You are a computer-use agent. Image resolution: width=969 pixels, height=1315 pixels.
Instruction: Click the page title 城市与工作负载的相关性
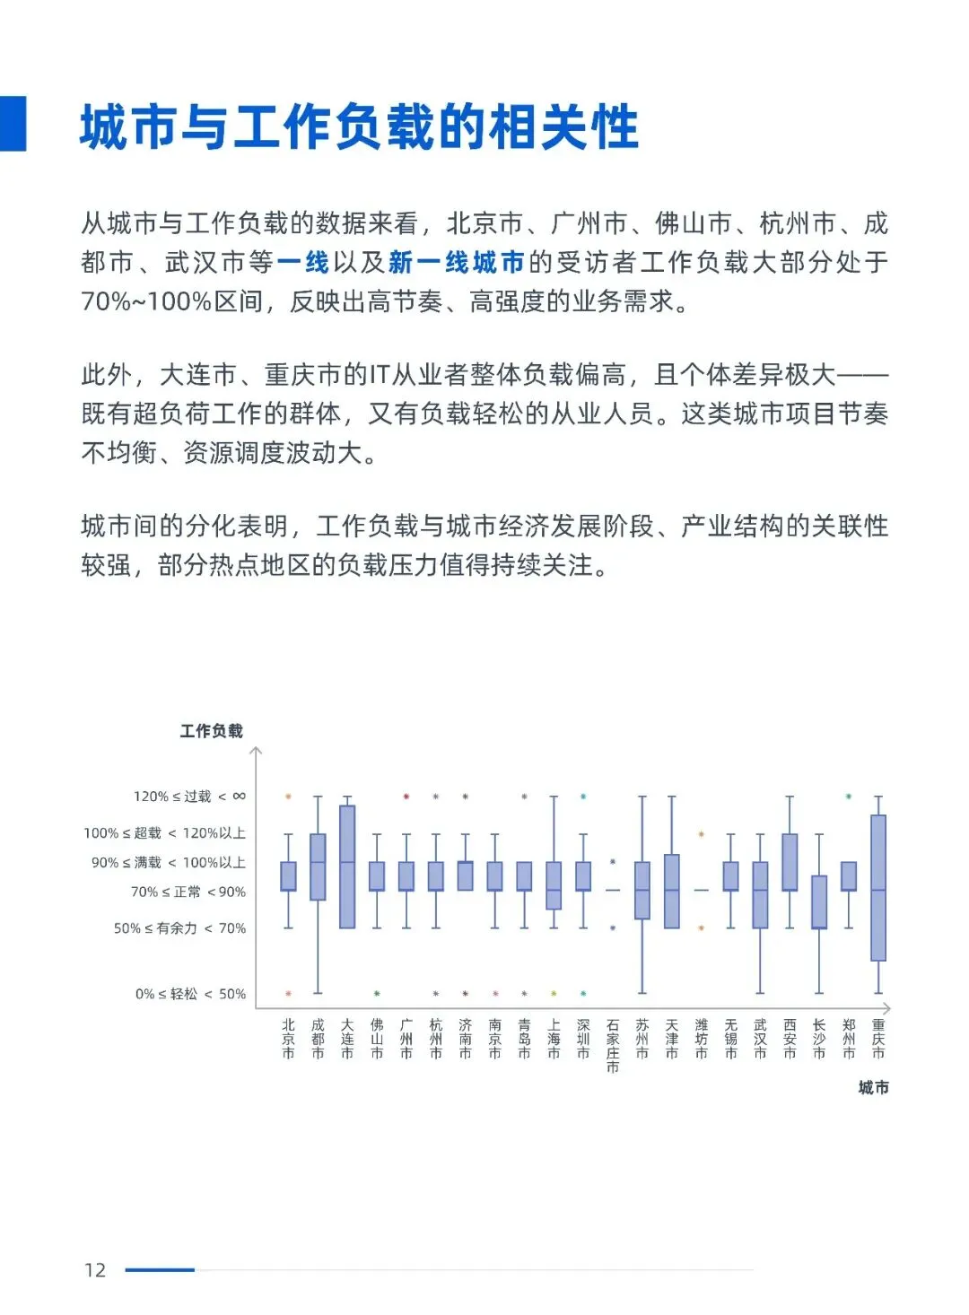[x=359, y=126]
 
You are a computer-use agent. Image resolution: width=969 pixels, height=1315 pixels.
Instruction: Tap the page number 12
[x=95, y=1269]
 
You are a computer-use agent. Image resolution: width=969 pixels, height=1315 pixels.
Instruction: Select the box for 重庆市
[x=878, y=887]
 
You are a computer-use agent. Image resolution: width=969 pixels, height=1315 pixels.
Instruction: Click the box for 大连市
[x=347, y=867]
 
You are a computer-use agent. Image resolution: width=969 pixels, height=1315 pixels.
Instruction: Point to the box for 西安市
[x=790, y=862]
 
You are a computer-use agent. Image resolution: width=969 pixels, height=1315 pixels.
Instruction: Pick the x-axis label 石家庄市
[x=613, y=1045]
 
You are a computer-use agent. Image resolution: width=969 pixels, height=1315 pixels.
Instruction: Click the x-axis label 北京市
[x=288, y=1039]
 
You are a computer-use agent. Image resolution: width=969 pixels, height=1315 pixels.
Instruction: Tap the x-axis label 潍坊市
[x=702, y=1039]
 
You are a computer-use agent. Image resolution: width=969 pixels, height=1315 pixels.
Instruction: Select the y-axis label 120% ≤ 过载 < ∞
[x=189, y=797]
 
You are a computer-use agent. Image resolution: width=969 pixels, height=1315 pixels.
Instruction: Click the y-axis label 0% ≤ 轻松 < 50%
[x=190, y=994]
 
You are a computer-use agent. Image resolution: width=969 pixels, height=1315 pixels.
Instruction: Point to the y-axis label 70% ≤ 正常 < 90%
[x=188, y=892]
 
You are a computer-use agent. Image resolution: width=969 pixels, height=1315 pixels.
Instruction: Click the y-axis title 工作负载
[x=211, y=731]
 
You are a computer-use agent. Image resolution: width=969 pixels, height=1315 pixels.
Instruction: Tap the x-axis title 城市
[x=873, y=1087]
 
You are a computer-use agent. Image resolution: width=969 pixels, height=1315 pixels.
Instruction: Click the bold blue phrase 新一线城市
[x=457, y=262]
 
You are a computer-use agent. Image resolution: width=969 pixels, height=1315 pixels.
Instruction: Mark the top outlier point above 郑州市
[x=849, y=797]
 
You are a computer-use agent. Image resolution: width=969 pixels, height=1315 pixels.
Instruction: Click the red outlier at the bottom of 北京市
[x=288, y=994]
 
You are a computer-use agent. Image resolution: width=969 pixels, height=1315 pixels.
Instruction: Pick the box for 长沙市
[x=819, y=901]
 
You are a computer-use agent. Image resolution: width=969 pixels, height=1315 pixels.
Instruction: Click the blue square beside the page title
[x=13, y=123]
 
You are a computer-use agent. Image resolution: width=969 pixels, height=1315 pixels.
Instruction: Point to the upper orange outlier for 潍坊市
[x=702, y=834]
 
